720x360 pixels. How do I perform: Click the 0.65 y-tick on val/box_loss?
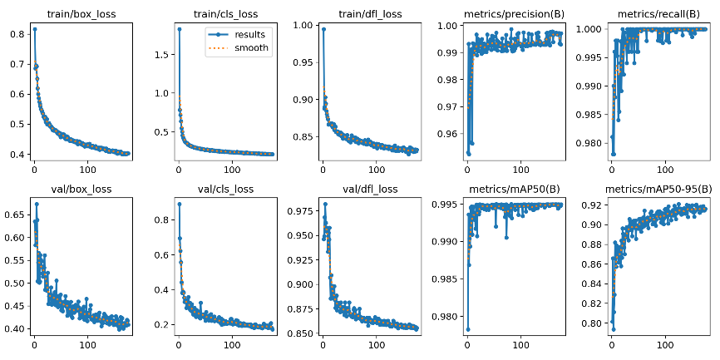pyautogui.click(x=14, y=215)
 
